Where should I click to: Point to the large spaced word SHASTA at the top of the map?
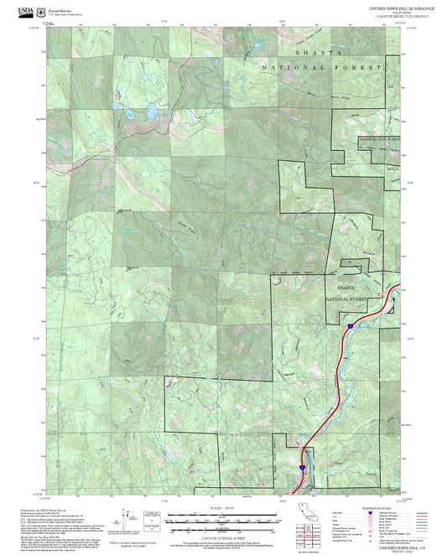click(320, 52)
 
